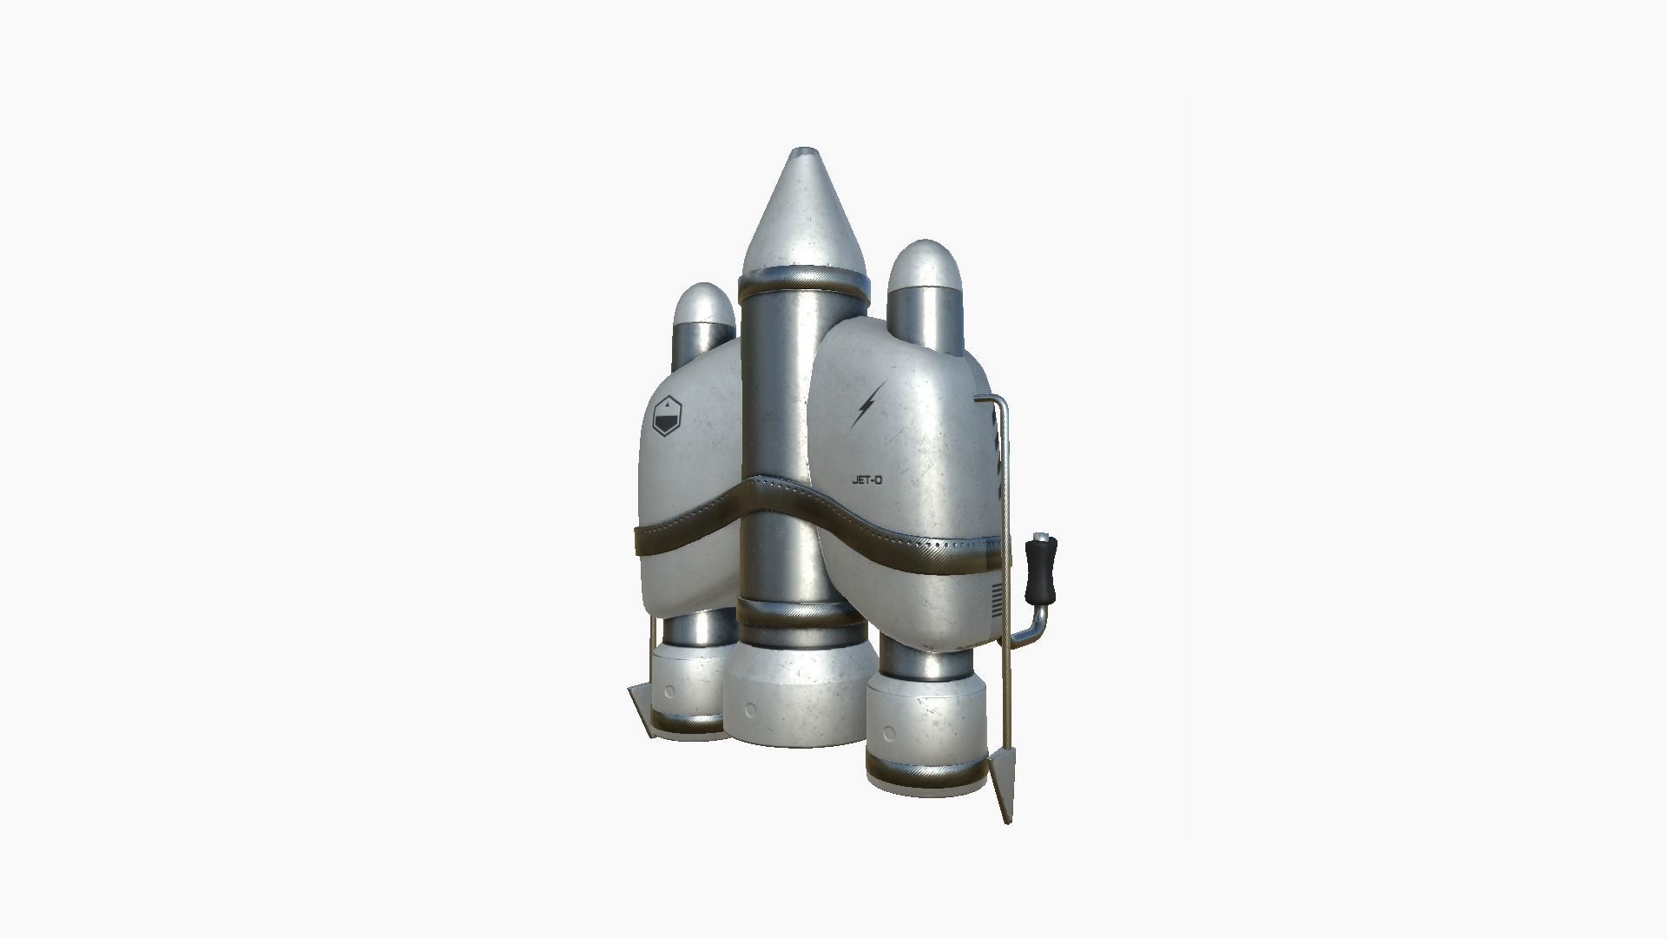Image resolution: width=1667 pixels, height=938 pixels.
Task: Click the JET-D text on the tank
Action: coord(867,479)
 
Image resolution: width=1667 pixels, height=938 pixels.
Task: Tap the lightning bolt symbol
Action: coord(868,404)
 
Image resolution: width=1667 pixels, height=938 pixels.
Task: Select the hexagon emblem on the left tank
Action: coord(668,417)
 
